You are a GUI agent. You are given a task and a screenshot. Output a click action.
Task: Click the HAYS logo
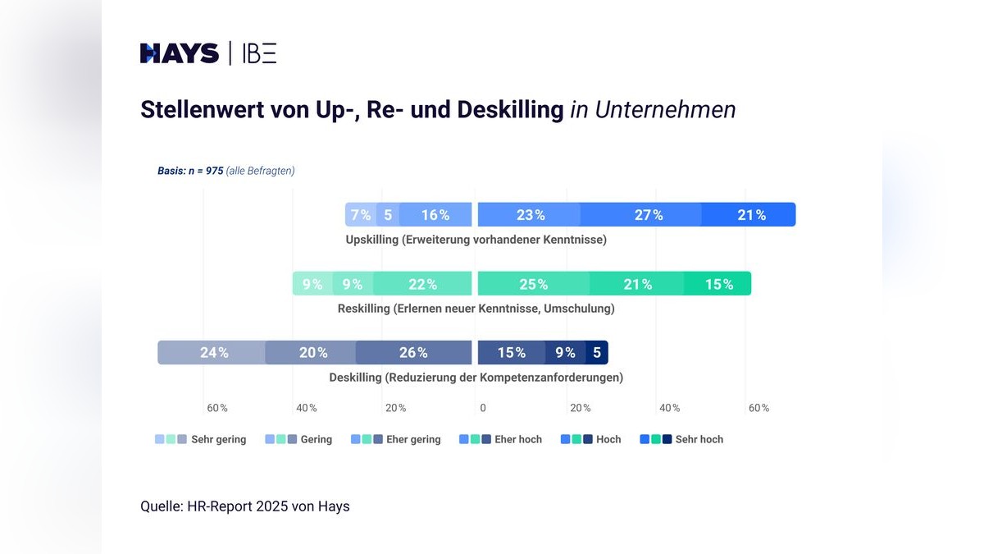[x=180, y=54]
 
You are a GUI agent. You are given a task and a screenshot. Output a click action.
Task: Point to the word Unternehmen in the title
[x=665, y=109]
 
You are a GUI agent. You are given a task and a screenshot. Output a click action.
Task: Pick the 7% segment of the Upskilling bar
[x=361, y=215]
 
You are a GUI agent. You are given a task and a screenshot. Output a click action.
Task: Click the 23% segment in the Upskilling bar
[x=530, y=215]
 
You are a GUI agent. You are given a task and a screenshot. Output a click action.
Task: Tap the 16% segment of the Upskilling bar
[x=435, y=215]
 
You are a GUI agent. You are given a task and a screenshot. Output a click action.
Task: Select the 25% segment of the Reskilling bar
[x=533, y=284]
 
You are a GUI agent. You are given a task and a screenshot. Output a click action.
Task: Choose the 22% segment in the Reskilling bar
[x=422, y=284]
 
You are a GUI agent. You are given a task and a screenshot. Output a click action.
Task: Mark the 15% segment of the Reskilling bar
[x=718, y=284]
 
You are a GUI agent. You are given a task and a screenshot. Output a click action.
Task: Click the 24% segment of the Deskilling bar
[x=213, y=353]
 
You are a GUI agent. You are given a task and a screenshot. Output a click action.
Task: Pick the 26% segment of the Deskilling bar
[x=413, y=353]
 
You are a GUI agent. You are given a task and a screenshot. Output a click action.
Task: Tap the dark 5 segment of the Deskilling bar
[x=597, y=353]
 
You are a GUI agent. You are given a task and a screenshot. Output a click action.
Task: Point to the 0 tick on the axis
[x=483, y=408]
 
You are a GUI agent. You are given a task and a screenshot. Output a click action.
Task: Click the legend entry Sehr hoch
[x=699, y=439]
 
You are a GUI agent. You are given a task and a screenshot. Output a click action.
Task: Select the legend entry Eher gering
[x=413, y=439]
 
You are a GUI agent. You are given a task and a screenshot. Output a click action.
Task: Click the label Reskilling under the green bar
[x=364, y=309]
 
